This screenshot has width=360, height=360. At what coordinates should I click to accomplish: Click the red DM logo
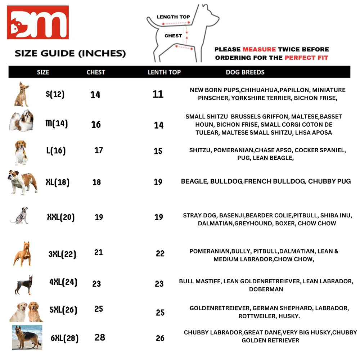pos(37,22)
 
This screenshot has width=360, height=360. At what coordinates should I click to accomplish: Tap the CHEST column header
pos(96,72)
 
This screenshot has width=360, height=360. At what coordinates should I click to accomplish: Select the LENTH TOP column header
pos(164,72)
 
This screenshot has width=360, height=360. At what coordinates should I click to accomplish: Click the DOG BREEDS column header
pos(245,72)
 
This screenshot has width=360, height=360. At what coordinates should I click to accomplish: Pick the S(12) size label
pos(55,94)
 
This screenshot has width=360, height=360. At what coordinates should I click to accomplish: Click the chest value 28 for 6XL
pos(100,337)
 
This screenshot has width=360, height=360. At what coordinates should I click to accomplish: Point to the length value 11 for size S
pos(158,94)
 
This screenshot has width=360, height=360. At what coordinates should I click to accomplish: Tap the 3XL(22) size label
pos(62,254)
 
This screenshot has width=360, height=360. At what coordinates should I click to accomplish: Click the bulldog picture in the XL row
pos(22,182)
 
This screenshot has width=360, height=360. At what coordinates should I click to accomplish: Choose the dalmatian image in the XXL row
pos(19,216)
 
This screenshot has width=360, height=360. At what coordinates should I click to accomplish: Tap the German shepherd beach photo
pos(27,337)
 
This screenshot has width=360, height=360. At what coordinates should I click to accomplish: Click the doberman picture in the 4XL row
pos(24,284)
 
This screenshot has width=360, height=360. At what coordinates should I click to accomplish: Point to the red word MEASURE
pos(259,49)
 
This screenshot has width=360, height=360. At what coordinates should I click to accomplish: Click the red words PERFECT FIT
pos(306,58)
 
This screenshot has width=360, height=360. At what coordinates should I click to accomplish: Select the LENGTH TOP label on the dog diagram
pos(173,17)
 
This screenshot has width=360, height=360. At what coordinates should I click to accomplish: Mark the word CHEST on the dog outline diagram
pos(173,36)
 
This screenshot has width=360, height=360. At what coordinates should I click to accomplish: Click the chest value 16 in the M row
pos(96,125)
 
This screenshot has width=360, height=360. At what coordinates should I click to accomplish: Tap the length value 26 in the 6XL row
pos(160,338)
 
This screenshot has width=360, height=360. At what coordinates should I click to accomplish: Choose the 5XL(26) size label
pos(63,310)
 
